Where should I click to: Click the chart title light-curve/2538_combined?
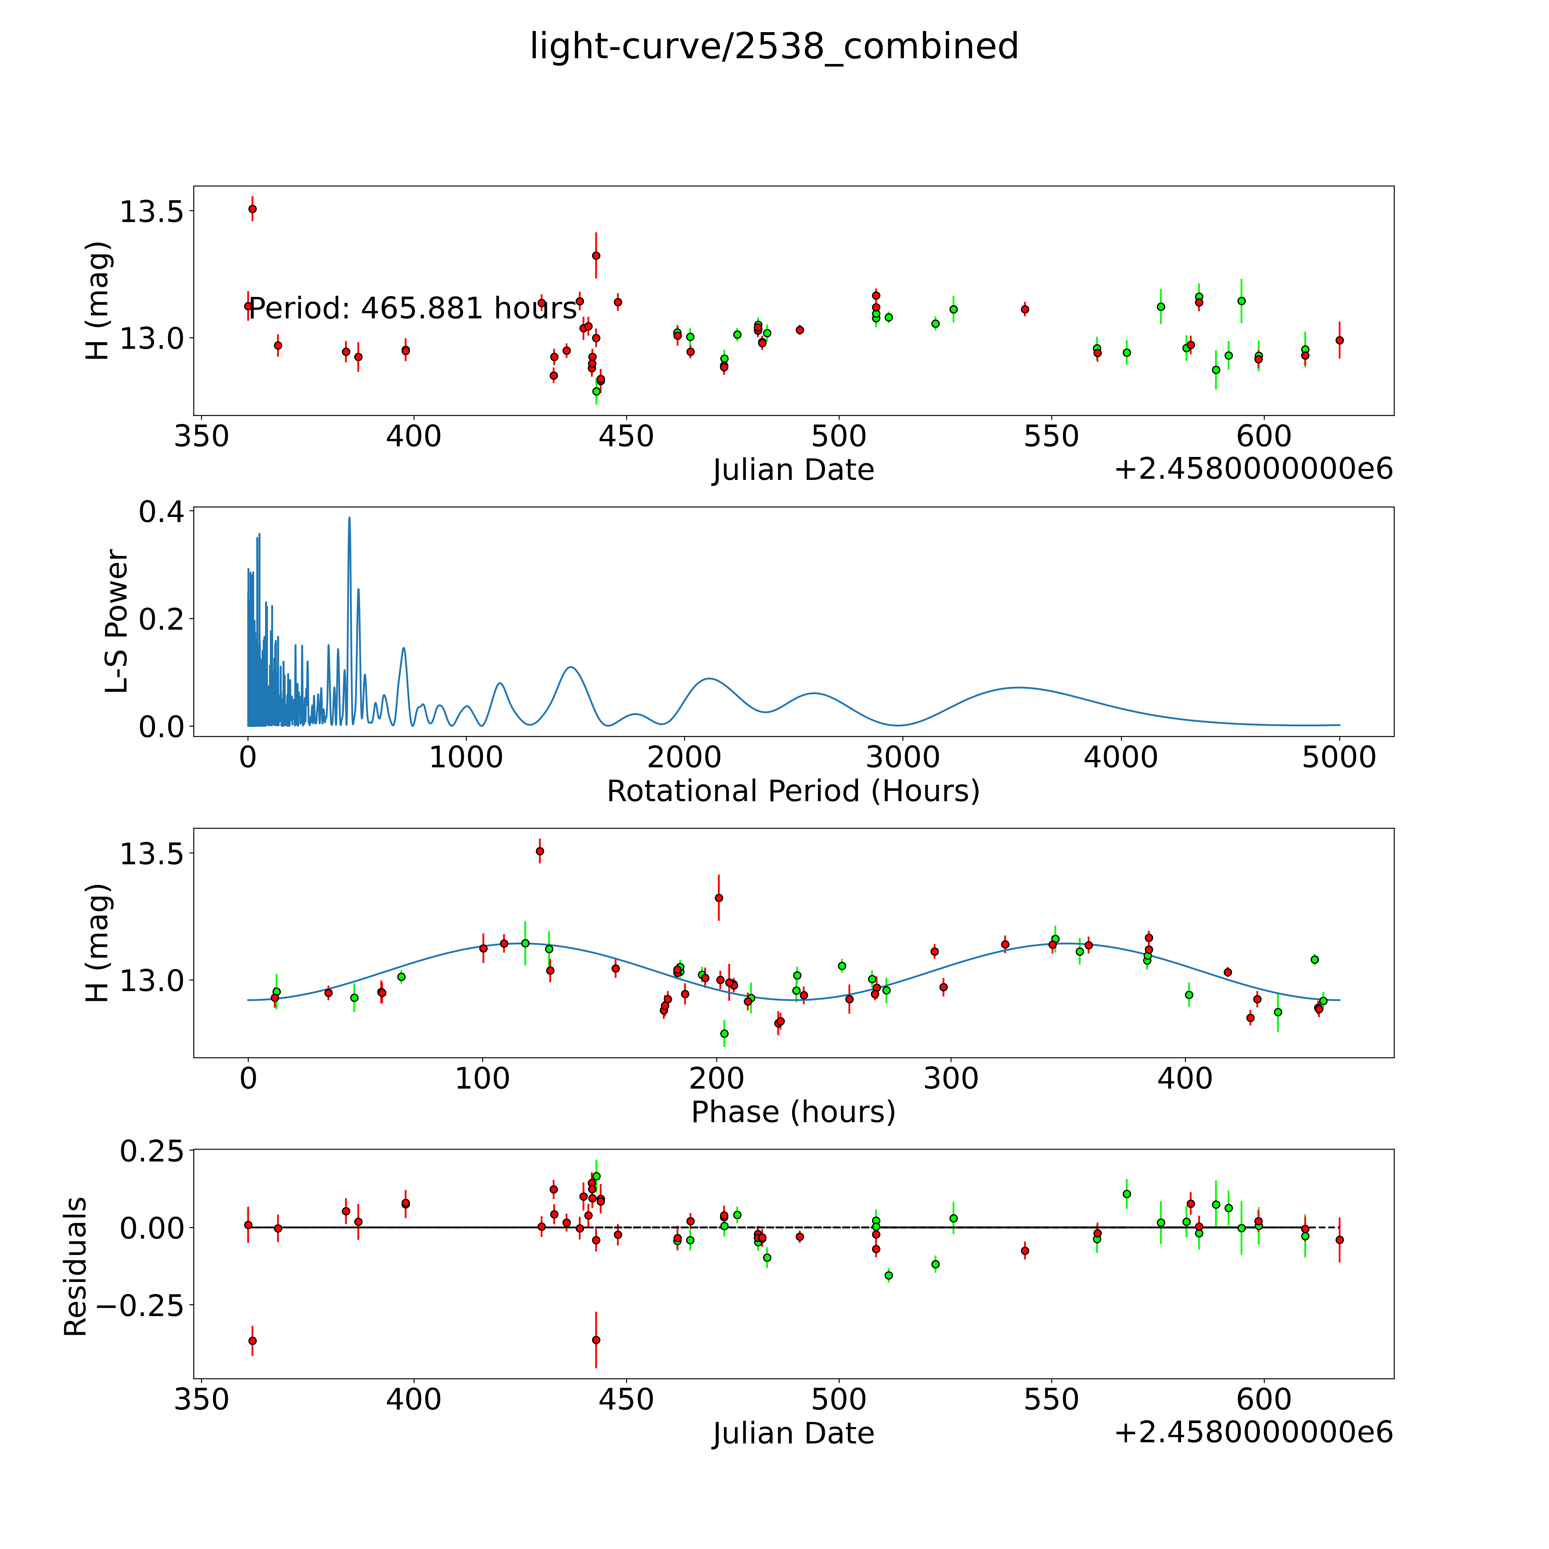(x=774, y=46)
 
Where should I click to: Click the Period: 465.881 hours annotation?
(x=413, y=308)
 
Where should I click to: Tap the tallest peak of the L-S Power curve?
(x=350, y=518)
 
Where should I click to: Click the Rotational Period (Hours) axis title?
(x=793, y=791)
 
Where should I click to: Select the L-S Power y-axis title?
(x=117, y=621)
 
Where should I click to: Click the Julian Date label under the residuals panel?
(x=793, y=1434)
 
